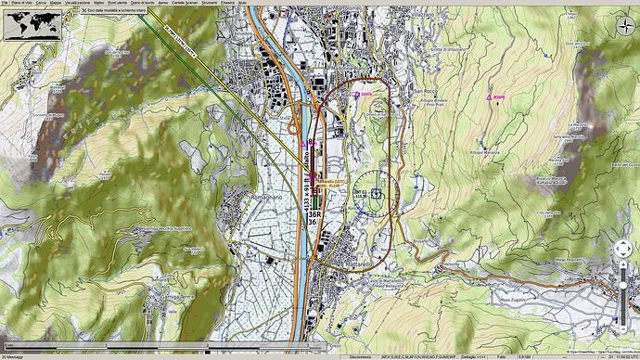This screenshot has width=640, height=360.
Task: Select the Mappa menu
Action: (x=56, y=4)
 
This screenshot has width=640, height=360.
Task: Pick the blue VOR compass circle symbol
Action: (x=375, y=193)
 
